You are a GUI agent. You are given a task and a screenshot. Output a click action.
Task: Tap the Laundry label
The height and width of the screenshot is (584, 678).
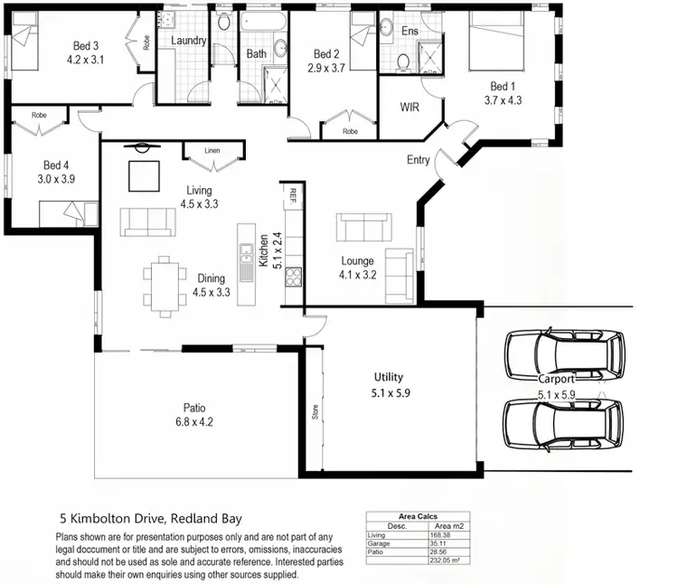click(x=189, y=41)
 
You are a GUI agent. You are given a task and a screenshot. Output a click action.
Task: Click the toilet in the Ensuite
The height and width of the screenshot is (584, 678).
click(x=404, y=61)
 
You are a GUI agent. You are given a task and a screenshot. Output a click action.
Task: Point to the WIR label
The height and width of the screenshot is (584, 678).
click(x=410, y=107)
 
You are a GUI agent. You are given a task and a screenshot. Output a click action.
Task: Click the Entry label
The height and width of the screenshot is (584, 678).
click(x=418, y=160)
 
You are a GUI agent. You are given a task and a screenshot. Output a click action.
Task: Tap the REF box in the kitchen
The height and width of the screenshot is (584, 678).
click(x=294, y=193)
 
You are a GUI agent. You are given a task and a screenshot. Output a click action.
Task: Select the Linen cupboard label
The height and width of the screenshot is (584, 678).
click(x=212, y=150)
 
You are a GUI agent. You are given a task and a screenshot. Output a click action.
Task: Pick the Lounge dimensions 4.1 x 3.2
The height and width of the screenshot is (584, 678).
click(x=356, y=275)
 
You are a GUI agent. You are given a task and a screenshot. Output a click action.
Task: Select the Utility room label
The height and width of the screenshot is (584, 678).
click(x=389, y=377)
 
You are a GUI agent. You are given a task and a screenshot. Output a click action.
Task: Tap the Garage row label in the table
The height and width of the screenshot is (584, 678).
click(x=379, y=543)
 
